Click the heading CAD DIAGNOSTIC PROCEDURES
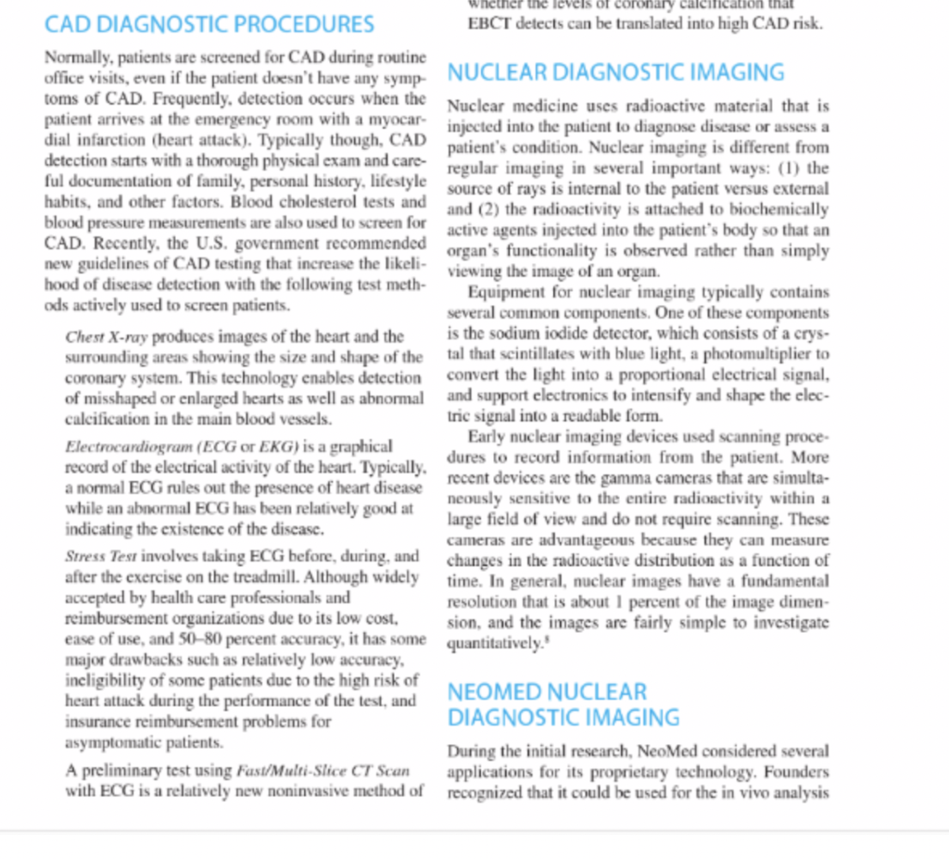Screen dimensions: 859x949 (x=209, y=24)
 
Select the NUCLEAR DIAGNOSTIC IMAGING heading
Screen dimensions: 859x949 (x=615, y=72)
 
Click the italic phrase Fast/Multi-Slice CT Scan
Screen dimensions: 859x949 (x=323, y=771)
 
